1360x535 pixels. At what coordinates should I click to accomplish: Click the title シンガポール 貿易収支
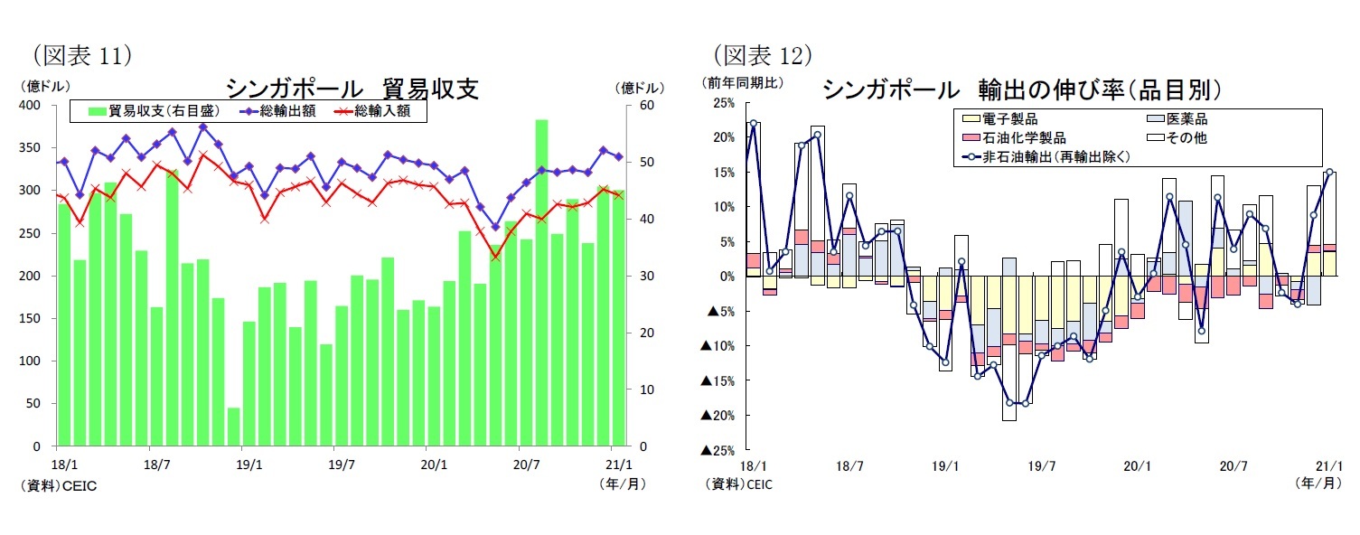tap(352, 89)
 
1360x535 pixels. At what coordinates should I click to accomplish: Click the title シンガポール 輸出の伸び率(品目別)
tap(1022, 89)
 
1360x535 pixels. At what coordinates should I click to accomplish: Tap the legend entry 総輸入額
tap(372, 111)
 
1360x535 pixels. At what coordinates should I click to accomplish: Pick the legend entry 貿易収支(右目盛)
tap(154, 111)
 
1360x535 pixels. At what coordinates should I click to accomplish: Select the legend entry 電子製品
tap(999, 119)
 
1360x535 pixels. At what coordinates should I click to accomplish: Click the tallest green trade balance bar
tap(541, 282)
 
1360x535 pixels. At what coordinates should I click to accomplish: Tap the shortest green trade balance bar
tap(233, 427)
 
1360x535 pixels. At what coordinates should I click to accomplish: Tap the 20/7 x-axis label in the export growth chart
tap(1234, 467)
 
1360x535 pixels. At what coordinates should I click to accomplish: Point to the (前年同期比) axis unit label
tap(745, 82)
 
